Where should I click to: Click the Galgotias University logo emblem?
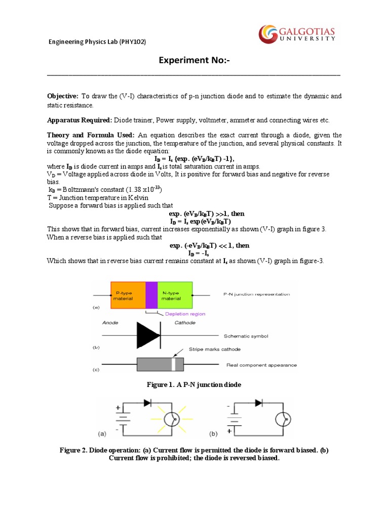coord(268,34)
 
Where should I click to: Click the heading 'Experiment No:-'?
coord(194,61)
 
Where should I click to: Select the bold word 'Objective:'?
coord(63,96)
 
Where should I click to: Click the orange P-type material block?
coord(128,295)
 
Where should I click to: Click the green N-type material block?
coord(175,295)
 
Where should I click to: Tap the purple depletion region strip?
coord(151,295)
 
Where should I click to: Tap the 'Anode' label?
coord(110,322)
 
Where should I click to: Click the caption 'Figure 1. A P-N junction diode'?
coord(194,385)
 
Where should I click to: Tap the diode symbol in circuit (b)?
coord(258,403)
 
